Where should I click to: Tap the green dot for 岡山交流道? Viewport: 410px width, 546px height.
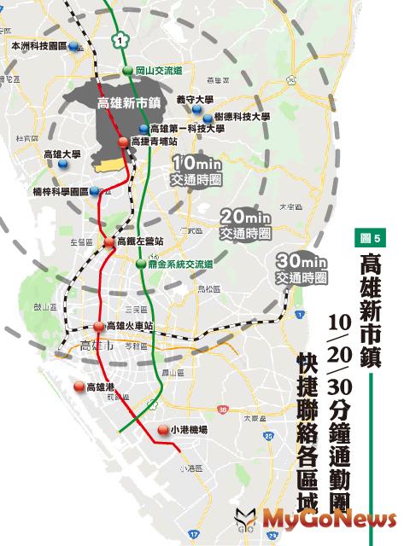(x=126, y=71)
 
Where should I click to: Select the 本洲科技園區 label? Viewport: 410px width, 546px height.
(x=38, y=47)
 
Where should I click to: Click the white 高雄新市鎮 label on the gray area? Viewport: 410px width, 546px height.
(x=130, y=102)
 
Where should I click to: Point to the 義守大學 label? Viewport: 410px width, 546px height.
(x=194, y=100)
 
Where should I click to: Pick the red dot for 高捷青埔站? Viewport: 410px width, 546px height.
(x=124, y=142)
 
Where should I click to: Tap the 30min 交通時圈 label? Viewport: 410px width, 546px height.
(x=302, y=269)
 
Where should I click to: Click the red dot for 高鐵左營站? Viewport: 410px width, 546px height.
(x=109, y=243)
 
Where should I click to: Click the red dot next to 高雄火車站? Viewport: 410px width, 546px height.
(x=99, y=327)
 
